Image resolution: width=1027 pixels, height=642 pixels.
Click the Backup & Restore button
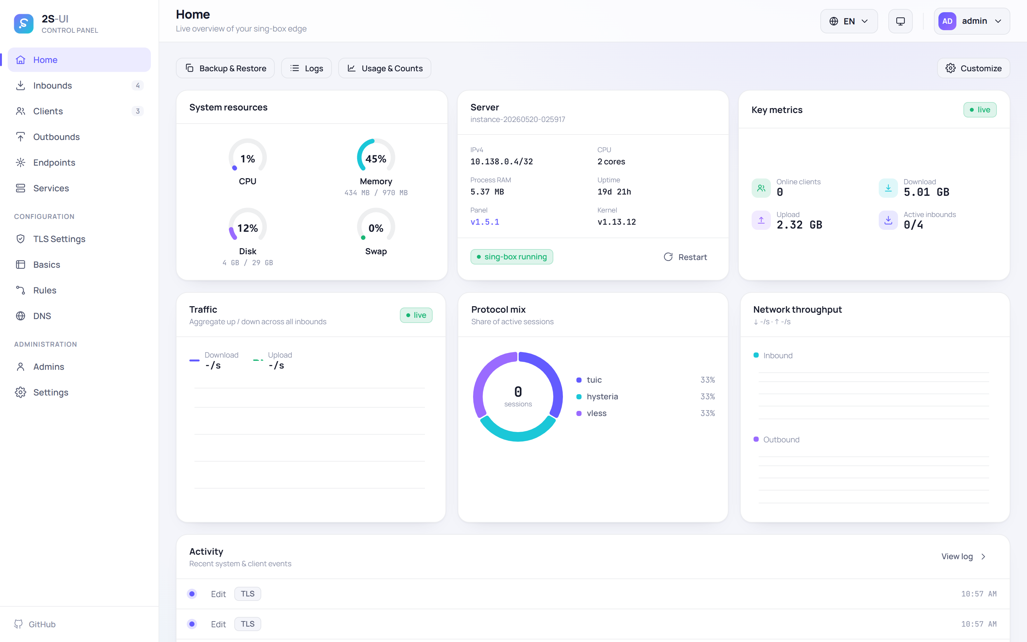point(225,68)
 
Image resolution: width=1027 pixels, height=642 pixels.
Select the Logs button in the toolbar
point(306,68)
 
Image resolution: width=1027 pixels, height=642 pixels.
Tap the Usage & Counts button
point(384,68)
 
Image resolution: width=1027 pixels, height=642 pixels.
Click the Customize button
point(973,68)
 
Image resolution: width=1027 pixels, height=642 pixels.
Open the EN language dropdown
point(849,21)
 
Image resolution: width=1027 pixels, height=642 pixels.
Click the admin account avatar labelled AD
point(947,21)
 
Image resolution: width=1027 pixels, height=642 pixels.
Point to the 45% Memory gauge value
point(375,159)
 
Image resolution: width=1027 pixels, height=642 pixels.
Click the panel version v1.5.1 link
point(485,221)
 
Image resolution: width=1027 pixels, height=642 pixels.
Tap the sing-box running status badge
point(511,257)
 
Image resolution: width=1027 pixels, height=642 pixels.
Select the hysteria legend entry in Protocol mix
point(602,396)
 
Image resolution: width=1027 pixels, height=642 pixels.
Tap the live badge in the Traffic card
point(416,315)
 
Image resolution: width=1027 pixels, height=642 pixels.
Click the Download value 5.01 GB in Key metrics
point(927,192)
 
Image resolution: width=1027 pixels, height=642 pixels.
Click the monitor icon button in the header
point(900,21)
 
